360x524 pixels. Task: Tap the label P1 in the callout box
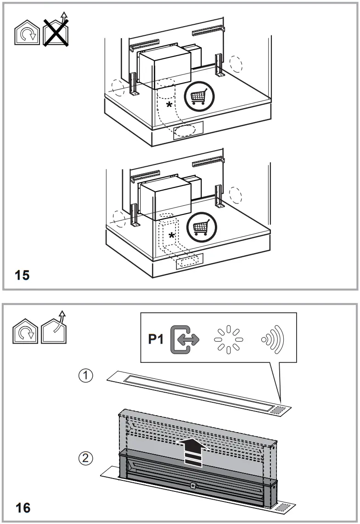[x=156, y=340]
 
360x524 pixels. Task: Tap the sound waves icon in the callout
[x=273, y=340]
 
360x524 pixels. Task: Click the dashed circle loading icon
[x=229, y=340]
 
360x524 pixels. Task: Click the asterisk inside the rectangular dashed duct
[x=172, y=236]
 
